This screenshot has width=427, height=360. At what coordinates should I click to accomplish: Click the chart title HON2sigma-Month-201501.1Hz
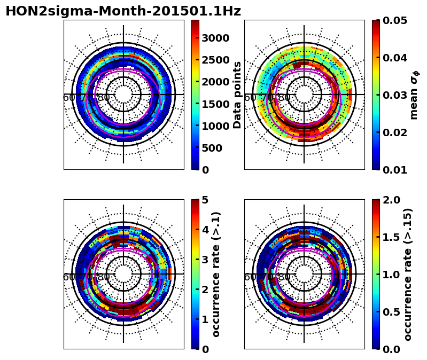tap(123, 11)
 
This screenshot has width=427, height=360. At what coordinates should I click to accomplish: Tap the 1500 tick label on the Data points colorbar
tap(215, 104)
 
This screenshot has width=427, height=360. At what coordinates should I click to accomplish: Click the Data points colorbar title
tap(237, 95)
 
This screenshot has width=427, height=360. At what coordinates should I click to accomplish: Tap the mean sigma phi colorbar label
tap(414, 95)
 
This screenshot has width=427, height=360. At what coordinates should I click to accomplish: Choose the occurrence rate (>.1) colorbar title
tap(216, 274)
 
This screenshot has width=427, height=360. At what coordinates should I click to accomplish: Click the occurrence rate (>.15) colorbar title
tap(407, 274)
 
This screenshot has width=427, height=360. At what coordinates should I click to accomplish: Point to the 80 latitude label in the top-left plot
tap(104, 98)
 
